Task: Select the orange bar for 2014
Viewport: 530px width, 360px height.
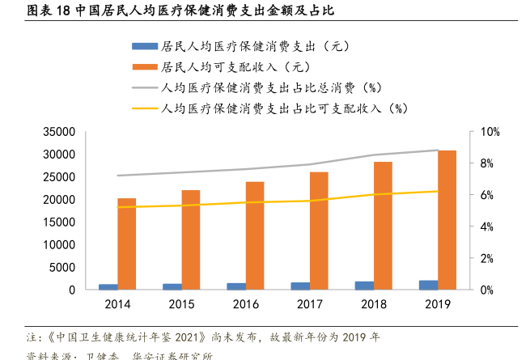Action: pos(126,244)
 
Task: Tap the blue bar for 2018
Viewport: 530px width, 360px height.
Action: pos(365,286)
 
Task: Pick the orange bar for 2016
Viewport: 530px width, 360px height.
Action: pos(255,235)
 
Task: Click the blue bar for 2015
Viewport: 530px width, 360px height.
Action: pos(172,286)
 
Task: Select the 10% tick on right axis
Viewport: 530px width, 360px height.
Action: pos(490,132)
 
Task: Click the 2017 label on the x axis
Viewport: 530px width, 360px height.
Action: pos(310,305)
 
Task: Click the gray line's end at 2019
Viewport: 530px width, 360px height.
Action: pos(438,150)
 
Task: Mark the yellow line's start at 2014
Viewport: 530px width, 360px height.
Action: pos(117,207)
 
